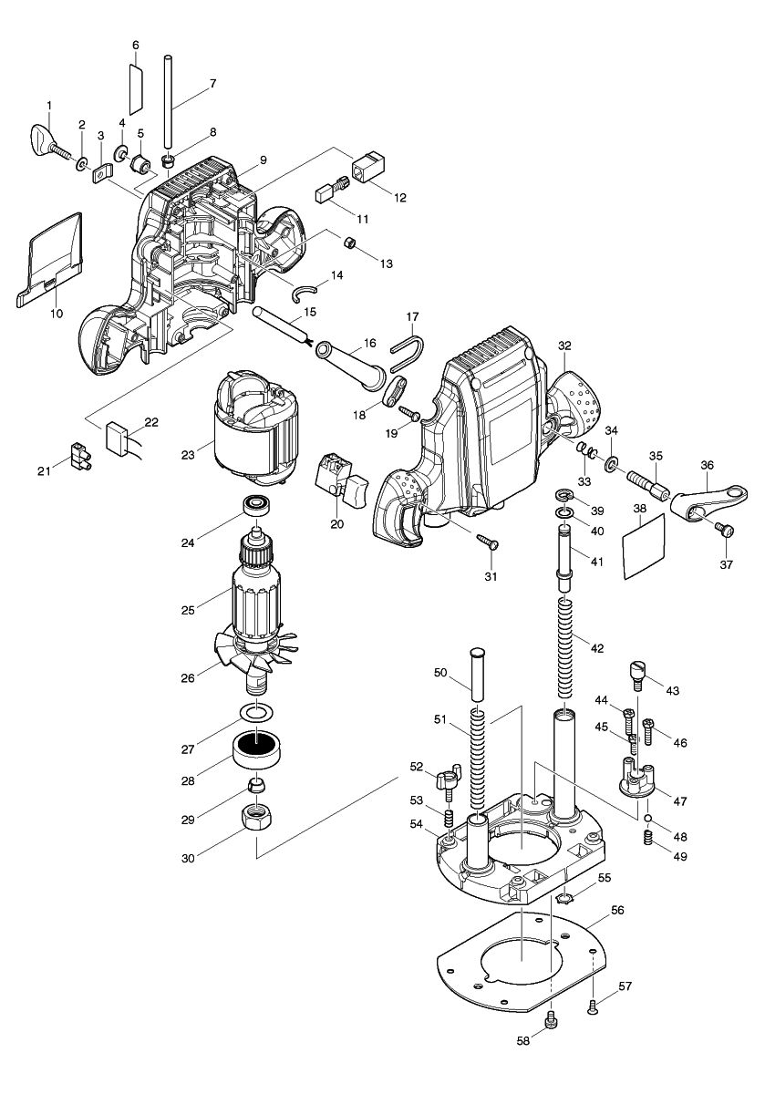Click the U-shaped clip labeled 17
click(402, 351)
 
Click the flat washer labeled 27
click(257, 712)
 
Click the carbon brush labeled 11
click(326, 194)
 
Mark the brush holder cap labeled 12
click(368, 168)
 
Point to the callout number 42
click(596, 649)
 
